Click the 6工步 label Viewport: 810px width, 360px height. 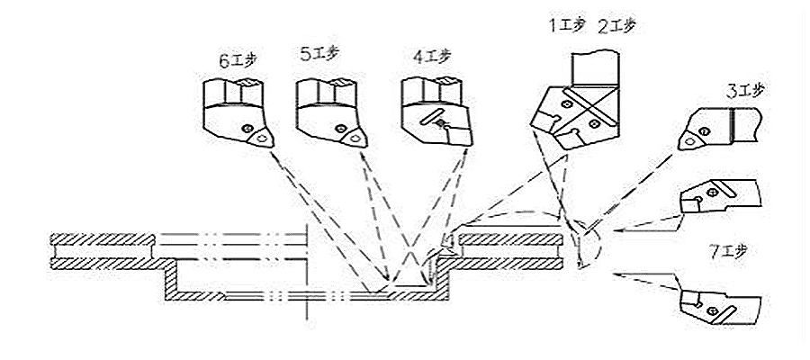click(237, 62)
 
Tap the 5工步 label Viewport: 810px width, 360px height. click(319, 55)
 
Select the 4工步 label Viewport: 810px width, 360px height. click(432, 57)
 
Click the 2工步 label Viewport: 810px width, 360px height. click(616, 26)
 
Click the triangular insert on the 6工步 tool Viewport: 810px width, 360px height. click(261, 137)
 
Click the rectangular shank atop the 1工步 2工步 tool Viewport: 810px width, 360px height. click(594, 67)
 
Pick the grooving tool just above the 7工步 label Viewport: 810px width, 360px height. click(715, 198)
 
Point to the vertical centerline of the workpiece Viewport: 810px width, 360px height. click(308, 270)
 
